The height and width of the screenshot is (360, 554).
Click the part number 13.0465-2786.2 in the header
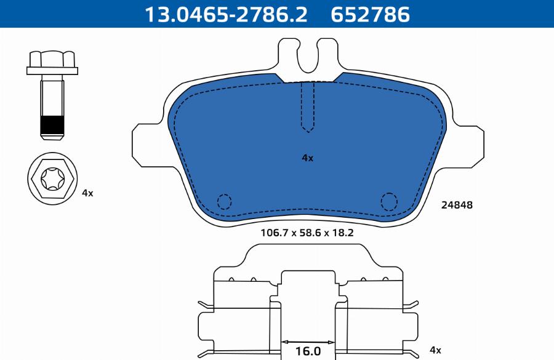tap(226, 15)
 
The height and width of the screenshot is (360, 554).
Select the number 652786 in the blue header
tap(370, 15)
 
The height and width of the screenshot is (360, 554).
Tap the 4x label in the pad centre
tap(307, 158)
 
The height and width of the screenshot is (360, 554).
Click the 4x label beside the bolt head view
tap(87, 193)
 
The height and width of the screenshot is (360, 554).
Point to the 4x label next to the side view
tap(435, 350)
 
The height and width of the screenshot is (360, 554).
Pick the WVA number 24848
tap(457, 205)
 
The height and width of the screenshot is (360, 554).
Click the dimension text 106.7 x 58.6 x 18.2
tap(307, 233)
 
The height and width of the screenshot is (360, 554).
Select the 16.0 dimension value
tap(308, 351)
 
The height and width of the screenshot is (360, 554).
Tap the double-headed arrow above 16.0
tap(308, 342)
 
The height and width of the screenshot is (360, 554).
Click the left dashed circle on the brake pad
tap(224, 202)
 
